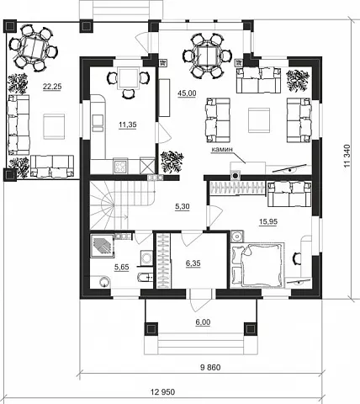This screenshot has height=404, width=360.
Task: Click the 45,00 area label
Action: [x=187, y=93]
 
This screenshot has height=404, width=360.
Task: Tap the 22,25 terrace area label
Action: [x=52, y=87]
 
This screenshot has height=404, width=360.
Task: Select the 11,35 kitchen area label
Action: [x=128, y=125]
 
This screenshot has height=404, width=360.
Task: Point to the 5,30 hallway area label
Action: [x=183, y=206]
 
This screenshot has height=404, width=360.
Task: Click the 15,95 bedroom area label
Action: [x=268, y=221]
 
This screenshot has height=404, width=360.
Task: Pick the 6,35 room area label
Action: [x=193, y=263]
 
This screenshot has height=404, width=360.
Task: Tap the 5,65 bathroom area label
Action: [x=122, y=268]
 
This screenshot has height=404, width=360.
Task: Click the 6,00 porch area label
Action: [x=203, y=322]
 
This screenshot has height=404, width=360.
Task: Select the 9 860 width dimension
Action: [x=210, y=367]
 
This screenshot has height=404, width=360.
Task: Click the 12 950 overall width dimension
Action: [x=162, y=391]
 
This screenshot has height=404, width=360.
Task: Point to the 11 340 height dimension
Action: [x=347, y=156]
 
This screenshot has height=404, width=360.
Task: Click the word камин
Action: [x=222, y=150]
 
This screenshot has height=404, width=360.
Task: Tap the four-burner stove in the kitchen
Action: [x=121, y=166]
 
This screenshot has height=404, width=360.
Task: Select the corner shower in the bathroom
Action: [x=102, y=246]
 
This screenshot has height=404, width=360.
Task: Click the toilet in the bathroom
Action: [x=145, y=277]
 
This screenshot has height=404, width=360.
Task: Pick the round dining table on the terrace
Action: [x=34, y=47]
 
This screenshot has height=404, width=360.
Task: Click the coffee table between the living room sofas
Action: [x=259, y=120]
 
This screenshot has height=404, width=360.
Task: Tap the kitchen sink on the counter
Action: [x=98, y=123]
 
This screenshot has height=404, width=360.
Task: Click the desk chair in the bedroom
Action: [x=296, y=258]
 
